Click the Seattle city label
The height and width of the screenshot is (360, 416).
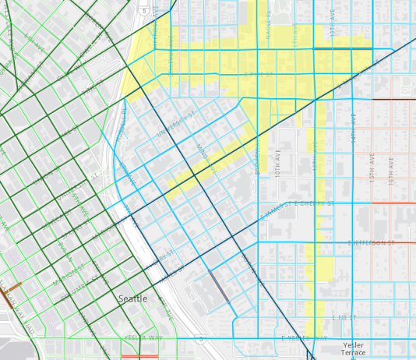132,298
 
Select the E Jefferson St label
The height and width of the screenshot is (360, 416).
372,242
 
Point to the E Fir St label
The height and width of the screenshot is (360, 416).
342,318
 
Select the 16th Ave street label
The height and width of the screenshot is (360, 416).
391,167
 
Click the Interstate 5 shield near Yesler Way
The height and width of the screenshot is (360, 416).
202,339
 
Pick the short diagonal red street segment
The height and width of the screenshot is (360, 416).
218,286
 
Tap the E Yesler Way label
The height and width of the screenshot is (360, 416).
304,338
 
